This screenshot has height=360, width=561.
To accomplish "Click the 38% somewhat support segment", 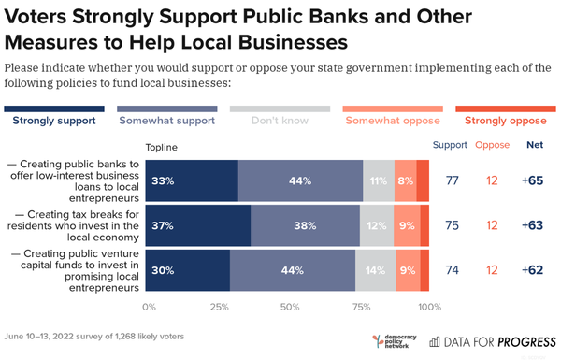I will coord(305,225).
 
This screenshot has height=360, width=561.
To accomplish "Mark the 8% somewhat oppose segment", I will coord(404,180).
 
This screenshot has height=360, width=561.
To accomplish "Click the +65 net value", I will coord(532,180).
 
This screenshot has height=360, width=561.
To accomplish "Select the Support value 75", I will coord(453,225).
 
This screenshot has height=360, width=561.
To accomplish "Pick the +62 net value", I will coord(532,270).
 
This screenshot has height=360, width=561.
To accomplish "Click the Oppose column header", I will coord(492,145).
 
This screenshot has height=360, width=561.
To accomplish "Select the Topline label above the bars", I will coord(162,147).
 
